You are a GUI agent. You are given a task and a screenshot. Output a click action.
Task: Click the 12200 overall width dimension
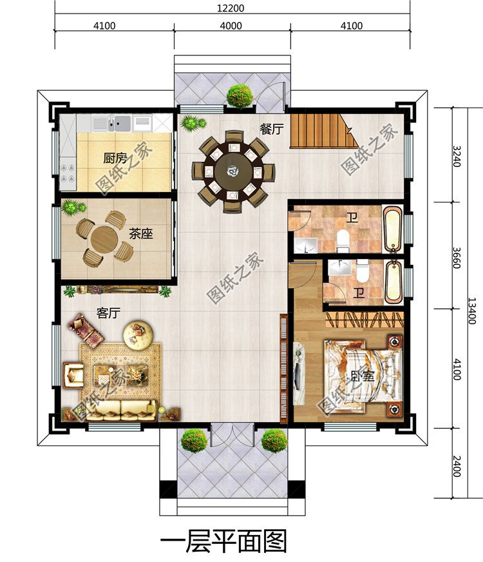(x=231, y=8)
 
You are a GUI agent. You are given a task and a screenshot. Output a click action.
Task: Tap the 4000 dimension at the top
(x=231, y=26)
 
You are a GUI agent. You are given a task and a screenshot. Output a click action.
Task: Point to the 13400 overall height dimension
(x=472, y=311)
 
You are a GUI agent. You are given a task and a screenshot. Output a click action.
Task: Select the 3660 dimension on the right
(x=457, y=258)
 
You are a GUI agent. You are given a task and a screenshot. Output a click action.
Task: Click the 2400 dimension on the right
(x=457, y=466)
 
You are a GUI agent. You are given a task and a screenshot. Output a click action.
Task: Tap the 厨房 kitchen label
(x=115, y=158)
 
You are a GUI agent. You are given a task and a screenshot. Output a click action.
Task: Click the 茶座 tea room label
(x=141, y=234)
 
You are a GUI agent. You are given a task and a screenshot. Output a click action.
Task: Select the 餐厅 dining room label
(x=272, y=129)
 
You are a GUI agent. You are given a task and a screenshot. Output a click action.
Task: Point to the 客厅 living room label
(x=108, y=313)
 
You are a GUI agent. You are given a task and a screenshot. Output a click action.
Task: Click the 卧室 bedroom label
(x=363, y=376)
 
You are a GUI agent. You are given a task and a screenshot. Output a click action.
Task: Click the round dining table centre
(x=233, y=171)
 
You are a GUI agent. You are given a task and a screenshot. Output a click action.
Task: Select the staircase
(x=324, y=131)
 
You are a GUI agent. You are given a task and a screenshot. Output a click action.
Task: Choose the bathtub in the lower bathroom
(x=394, y=282)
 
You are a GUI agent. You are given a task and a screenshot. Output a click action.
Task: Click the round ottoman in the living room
(x=138, y=334)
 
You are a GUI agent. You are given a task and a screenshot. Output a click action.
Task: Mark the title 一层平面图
(x=223, y=541)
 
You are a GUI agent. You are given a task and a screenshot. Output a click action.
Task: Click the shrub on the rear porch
(x=240, y=96)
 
